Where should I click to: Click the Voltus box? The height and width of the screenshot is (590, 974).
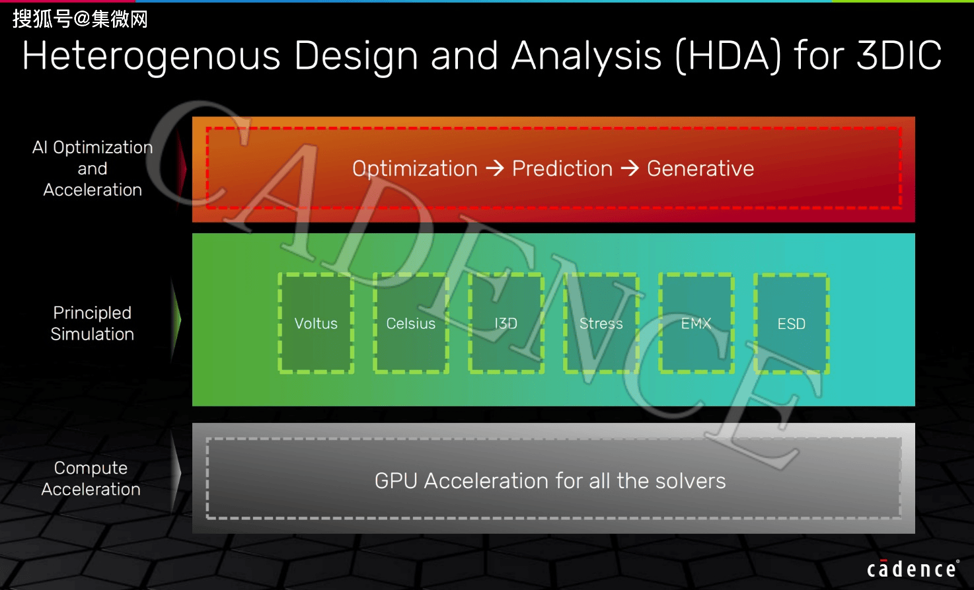point(316,323)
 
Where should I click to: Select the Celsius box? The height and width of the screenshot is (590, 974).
point(411,323)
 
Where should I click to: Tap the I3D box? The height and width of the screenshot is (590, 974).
point(506,323)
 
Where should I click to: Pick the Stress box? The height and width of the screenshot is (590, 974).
point(601,323)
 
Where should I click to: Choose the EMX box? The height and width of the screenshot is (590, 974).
point(696,323)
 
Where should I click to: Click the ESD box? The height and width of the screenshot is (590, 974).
point(792,323)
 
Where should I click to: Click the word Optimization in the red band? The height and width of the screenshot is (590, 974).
point(415,169)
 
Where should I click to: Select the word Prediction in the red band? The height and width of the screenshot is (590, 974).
point(562,168)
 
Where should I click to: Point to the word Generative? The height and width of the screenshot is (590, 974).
point(700,168)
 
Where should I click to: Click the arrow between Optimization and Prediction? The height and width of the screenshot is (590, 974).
point(495,168)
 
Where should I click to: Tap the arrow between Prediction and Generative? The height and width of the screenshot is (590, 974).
point(630,168)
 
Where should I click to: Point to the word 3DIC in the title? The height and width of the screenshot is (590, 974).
point(899,55)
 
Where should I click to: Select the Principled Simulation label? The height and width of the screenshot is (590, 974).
point(93,324)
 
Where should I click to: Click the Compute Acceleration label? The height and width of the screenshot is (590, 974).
point(91,479)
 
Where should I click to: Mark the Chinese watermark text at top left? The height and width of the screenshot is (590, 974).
point(80,19)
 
